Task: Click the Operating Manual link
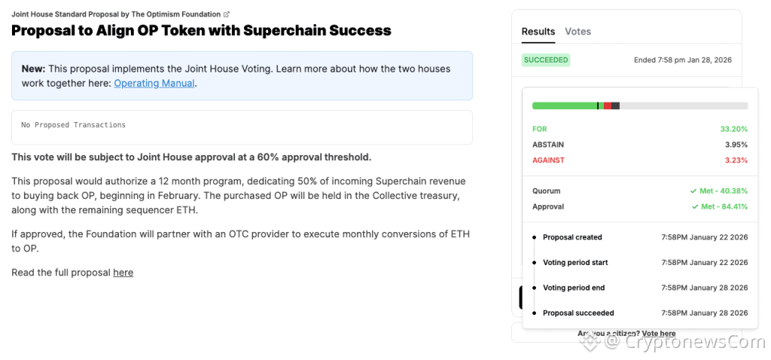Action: [x=154, y=84]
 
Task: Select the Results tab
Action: [x=538, y=32]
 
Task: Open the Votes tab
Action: [x=577, y=32]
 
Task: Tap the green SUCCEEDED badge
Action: [x=546, y=59]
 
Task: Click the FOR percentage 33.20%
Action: [x=733, y=129]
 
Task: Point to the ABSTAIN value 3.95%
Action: [x=736, y=145]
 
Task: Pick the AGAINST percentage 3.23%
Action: [x=736, y=160]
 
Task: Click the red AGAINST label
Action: [x=548, y=160]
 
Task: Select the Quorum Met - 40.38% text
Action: [x=719, y=191]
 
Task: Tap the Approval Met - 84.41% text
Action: [x=719, y=206]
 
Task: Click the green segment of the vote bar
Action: [x=565, y=106]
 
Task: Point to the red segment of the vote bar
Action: [x=607, y=106]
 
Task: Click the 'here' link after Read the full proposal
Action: [x=123, y=273]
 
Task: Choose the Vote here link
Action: [x=658, y=334]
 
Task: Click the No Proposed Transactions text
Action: [x=74, y=125]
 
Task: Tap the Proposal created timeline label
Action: [x=572, y=237]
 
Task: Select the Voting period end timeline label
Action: [x=574, y=288]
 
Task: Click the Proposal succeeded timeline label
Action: [x=578, y=313]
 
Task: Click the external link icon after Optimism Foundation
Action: [x=227, y=14]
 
